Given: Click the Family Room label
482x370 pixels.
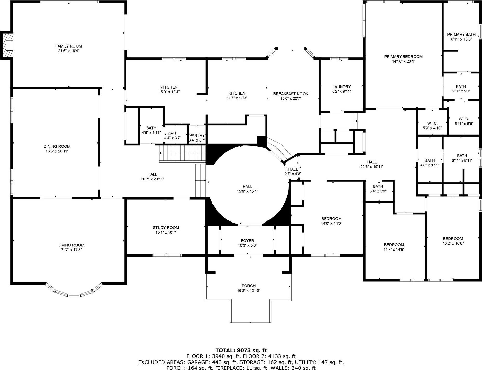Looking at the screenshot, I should [x=68, y=46].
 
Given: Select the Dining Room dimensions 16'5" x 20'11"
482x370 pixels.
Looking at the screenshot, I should [x=57, y=151].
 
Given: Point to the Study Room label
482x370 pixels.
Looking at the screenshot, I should [x=166, y=228].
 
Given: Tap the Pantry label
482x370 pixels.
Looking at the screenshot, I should [x=197, y=136].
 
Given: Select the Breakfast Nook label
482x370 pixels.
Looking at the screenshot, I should [x=291, y=94].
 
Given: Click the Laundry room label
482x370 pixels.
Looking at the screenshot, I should [x=341, y=87].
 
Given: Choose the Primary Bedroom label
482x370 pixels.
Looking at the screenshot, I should [x=403, y=57].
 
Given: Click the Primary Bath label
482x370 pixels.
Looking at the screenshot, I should [x=461, y=34].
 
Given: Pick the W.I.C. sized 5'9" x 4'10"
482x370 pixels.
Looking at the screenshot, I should [x=432, y=126].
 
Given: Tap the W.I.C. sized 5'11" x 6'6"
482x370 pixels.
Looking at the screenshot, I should [x=464, y=122].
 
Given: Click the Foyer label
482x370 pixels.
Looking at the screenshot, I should [x=247, y=241].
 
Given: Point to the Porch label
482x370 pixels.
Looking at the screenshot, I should [x=249, y=286].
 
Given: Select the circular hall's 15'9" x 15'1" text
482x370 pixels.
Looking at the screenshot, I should [x=247, y=191].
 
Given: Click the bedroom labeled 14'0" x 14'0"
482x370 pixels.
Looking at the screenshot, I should [x=331, y=221].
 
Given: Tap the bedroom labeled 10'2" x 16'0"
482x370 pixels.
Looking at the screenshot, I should [x=453, y=241].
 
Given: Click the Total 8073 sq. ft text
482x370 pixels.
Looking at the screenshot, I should [x=241, y=351].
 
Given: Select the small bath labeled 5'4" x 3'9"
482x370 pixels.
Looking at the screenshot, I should [x=378, y=189].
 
